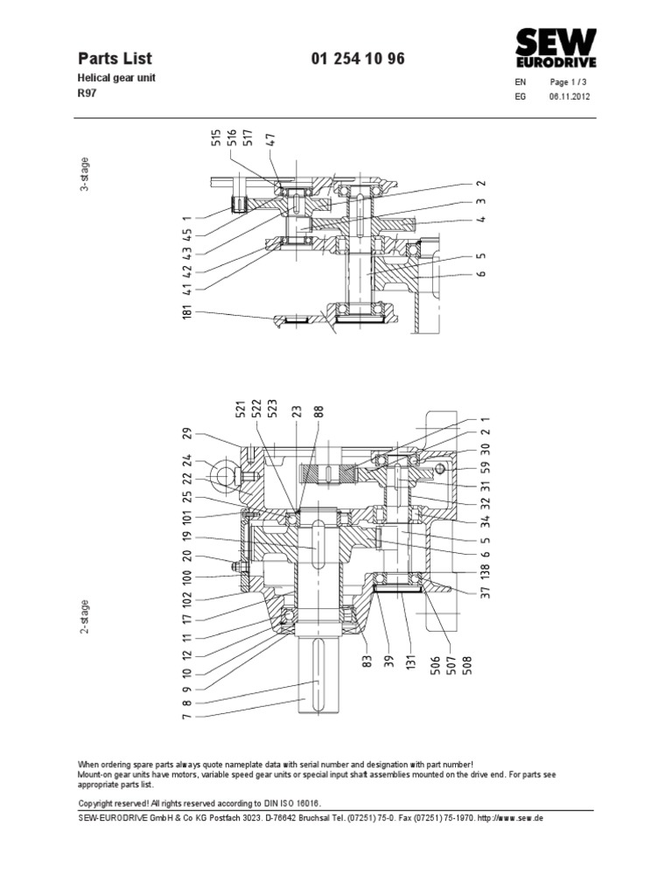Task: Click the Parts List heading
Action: (115, 59)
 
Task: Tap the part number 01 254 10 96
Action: (358, 59)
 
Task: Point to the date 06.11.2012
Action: (570, 97)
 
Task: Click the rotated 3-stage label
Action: (85, 174)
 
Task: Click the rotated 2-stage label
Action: (86, 618)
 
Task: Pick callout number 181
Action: (186, 312)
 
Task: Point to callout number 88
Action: (319, 410)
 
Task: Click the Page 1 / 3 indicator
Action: (570, 81)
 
